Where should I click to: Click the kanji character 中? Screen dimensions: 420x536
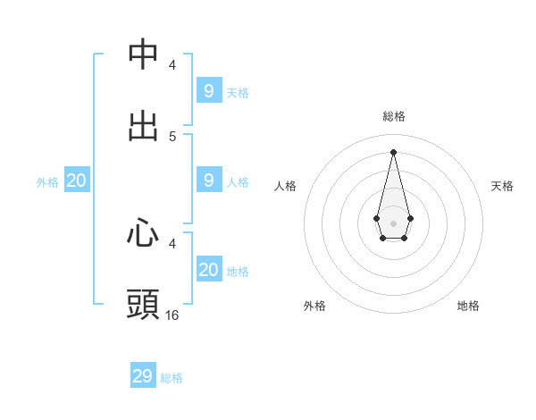(143, 55)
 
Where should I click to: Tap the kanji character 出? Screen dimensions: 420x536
(143, 125)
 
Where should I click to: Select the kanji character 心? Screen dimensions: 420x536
(143, 233)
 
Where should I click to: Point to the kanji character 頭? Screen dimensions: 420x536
(143, 305)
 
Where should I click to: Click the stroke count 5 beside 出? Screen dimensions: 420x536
(172, 136)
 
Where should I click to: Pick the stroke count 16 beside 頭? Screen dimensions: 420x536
(172, 315)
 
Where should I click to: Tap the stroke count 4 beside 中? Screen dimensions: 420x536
(172, 65)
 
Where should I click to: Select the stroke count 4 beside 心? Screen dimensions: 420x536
(172, 243)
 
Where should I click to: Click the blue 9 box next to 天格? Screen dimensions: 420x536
(209, 90)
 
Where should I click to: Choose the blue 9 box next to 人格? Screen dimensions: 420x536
(209, 181)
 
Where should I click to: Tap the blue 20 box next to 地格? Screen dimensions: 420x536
(209, 269)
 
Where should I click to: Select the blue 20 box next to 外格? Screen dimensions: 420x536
(77, 181)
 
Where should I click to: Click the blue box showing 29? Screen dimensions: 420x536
(143, 376)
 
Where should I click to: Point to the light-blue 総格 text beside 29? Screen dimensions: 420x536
(172, 378)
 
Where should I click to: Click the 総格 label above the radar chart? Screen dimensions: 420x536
(394, 116)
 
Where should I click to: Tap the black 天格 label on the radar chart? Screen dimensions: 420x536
(502, 186)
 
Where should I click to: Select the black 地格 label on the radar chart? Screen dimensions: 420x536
(468, 306)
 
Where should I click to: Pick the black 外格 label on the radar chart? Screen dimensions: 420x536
(314, 306)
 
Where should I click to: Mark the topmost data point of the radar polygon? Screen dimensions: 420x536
(393, 151)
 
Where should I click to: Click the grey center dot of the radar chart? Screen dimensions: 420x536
(393, 222)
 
